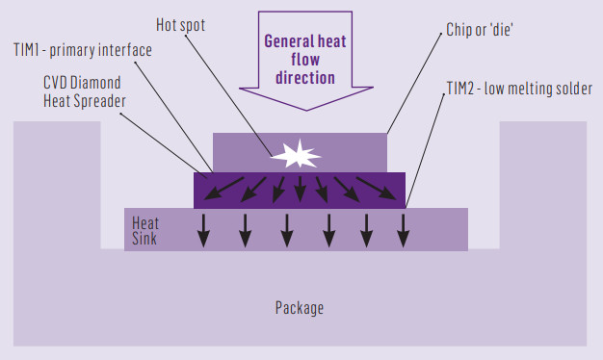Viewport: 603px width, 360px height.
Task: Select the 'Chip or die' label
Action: tap(483, 30)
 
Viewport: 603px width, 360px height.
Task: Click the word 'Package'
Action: tap(299, 308)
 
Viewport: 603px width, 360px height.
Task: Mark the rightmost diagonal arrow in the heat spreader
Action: tap(378, 190)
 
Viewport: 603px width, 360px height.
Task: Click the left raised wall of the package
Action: tap(56, 183)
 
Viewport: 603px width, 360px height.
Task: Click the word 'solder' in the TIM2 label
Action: tap(572, 89)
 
